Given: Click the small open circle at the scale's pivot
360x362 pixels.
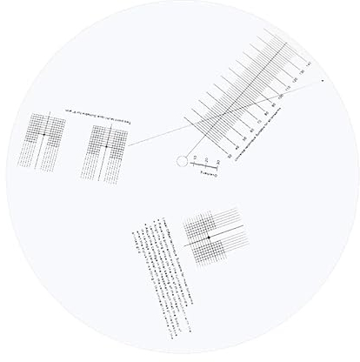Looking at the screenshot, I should click(182, 160).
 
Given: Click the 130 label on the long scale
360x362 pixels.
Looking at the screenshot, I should click(303, 74).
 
